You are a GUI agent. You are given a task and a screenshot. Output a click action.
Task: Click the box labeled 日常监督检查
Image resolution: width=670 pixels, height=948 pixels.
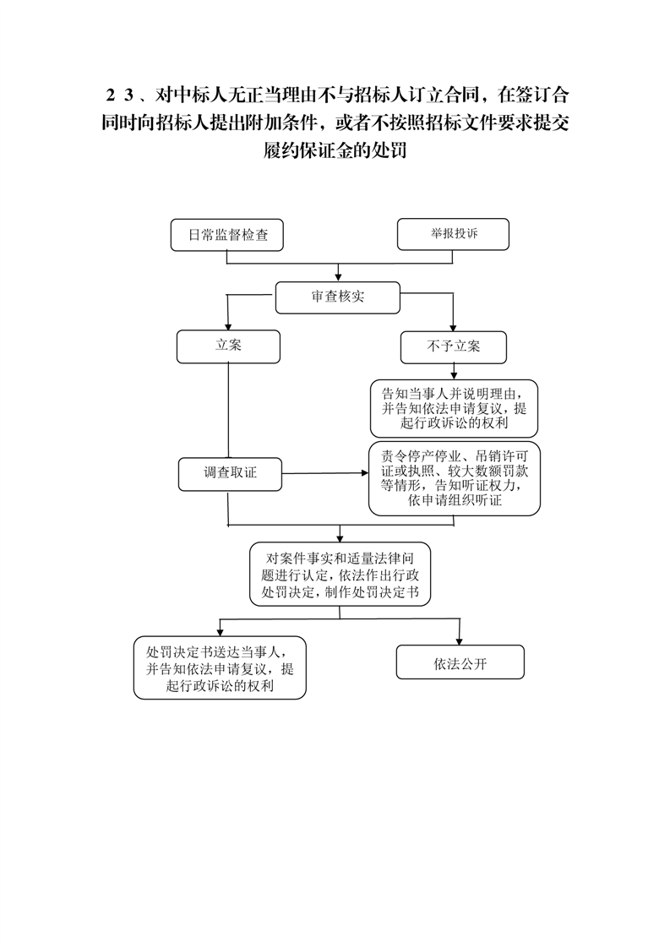click(226, 235)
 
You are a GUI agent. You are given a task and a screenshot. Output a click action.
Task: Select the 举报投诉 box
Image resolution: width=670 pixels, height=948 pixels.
click(453, 234)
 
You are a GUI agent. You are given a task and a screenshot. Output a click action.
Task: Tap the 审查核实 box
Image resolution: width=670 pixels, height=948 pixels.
click(337, 297)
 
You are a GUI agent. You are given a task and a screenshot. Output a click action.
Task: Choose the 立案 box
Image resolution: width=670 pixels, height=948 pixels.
click(228, 346)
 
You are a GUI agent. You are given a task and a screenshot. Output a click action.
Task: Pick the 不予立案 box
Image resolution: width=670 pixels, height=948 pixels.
click(454, 347)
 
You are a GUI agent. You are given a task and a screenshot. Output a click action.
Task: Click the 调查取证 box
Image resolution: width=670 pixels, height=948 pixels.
click(230, 474)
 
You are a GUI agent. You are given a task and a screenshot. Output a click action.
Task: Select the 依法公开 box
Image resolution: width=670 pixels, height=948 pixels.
click(460, 662)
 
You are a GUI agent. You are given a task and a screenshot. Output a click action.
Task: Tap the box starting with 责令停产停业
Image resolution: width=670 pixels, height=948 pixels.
click(454, 478)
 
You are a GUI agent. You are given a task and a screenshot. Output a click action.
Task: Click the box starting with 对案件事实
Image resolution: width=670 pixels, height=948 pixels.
click(340, 575)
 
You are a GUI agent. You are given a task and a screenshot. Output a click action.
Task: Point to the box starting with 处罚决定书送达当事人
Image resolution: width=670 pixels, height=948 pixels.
click(220, 667)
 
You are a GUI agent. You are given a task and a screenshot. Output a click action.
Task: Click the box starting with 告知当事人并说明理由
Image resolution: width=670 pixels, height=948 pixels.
click(454, 408)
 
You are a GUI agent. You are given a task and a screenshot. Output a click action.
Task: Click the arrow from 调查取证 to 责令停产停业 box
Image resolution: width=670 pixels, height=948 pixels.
click(325, 473)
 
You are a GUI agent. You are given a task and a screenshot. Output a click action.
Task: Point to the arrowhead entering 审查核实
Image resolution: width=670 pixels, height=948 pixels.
click(338, 277)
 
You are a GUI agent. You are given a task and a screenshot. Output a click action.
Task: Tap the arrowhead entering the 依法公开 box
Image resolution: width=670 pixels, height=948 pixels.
click(460, 640)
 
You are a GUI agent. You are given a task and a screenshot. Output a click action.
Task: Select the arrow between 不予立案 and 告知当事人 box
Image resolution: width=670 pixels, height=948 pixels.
click(454, 371)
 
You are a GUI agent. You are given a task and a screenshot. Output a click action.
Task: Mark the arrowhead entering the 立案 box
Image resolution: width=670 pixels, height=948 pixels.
click(227, 325)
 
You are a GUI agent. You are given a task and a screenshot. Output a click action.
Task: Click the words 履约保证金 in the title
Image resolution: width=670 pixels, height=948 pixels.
click(308, 150)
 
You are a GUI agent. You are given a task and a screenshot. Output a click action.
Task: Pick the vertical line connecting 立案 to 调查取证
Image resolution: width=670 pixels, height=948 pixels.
click(228, 411)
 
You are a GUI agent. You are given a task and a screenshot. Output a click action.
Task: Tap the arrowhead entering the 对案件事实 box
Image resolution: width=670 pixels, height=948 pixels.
click(340, 537)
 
